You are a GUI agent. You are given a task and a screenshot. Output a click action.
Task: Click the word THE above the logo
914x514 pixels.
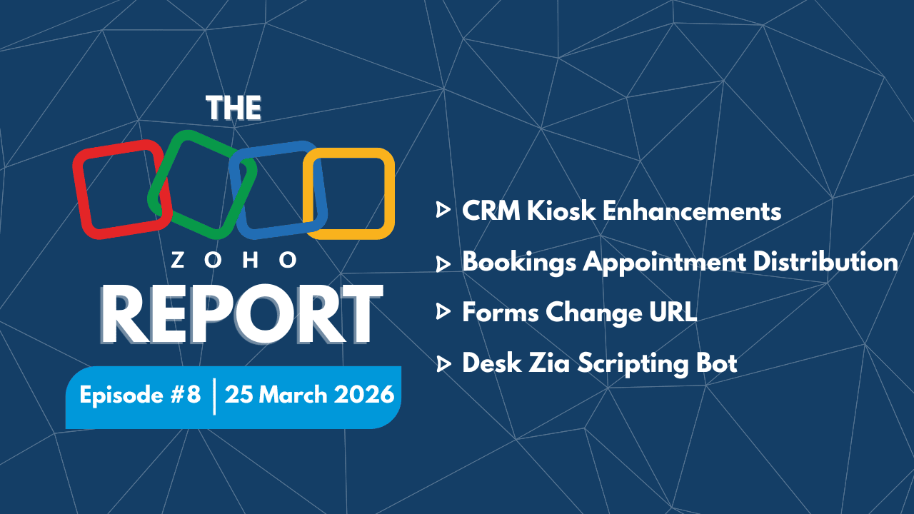(x=233, y=108)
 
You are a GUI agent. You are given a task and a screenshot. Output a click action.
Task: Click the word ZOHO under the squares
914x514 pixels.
(x=233, y=261)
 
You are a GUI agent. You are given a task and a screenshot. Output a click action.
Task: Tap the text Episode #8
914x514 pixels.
(x=140, y=394)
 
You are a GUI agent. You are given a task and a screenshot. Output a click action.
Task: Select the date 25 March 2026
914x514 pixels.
(x=309, y=394)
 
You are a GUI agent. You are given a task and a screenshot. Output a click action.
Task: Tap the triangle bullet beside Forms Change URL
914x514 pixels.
(x=443, y=312)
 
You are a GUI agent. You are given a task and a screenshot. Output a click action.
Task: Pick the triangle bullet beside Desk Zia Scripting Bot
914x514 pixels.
(x=443, y=363)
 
